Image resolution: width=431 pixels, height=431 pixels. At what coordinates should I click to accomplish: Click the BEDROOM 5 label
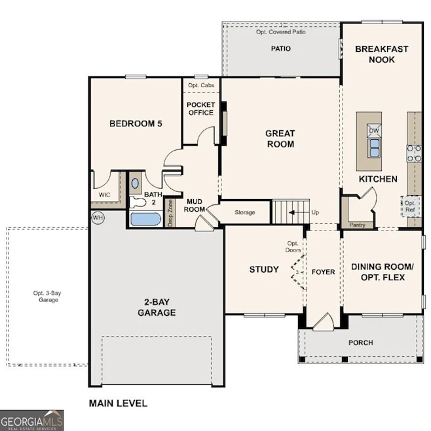[136, 123]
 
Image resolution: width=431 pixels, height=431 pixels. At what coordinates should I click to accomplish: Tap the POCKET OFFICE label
[200, 109]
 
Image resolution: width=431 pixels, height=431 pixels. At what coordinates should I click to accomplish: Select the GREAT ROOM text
[280, 138]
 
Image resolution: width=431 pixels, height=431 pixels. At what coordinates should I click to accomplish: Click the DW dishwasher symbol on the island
[374, 130]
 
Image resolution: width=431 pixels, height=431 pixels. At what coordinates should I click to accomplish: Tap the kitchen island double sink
[374, 149]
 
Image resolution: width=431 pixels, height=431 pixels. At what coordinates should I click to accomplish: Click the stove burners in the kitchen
[414, 153]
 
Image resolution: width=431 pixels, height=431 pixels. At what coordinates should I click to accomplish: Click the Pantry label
[357, 225]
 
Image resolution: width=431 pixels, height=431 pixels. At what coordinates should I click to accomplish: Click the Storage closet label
[244, 213]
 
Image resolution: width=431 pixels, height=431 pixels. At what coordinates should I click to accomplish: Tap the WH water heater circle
[98, 217]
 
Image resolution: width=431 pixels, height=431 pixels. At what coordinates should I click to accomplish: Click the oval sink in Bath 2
[136, 184]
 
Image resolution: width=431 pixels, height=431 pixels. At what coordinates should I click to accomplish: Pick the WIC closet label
[104, 195]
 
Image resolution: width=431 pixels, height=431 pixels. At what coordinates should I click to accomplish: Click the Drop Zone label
[171, 213]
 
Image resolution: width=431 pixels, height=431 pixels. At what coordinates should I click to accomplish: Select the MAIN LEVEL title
[118, 403]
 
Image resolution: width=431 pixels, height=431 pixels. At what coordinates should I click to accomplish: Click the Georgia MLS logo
[32, 420]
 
